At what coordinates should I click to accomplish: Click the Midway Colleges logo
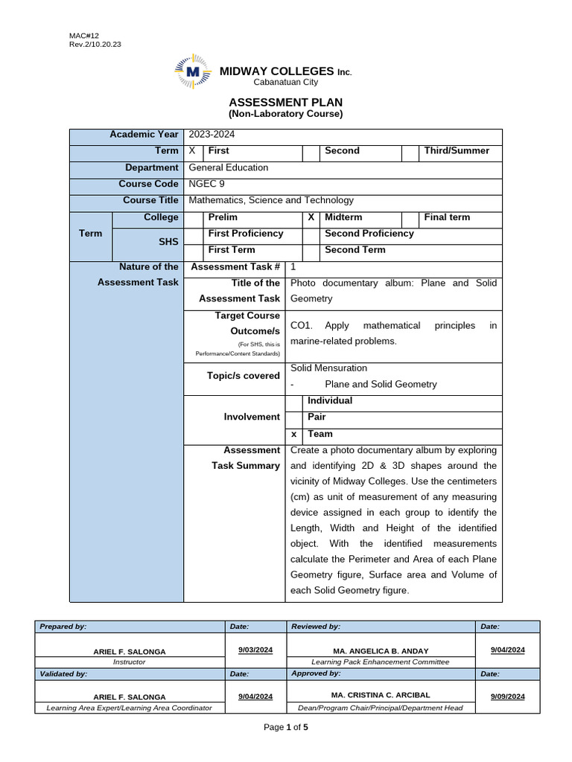coord(193,71)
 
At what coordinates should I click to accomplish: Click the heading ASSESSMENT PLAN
coord(285,102)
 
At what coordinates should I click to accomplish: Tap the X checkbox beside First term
coord(191,151)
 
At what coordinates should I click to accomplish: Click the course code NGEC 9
coord(206,184)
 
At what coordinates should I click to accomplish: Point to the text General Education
coord(228,167)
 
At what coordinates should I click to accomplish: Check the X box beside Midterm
coord(311,217)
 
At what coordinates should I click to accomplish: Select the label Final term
coord(447,217)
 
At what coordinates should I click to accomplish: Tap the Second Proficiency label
coord(369,234)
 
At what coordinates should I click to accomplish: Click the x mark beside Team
coord(293,435)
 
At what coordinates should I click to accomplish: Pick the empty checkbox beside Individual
coord(293,401)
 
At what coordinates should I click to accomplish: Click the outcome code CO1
coord(300,326)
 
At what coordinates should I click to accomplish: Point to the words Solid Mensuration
coord(328,368)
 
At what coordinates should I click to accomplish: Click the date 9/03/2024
coord(255,650)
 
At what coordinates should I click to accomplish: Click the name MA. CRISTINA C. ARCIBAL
coord(380,695)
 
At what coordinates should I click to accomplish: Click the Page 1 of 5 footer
coord(286,728)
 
